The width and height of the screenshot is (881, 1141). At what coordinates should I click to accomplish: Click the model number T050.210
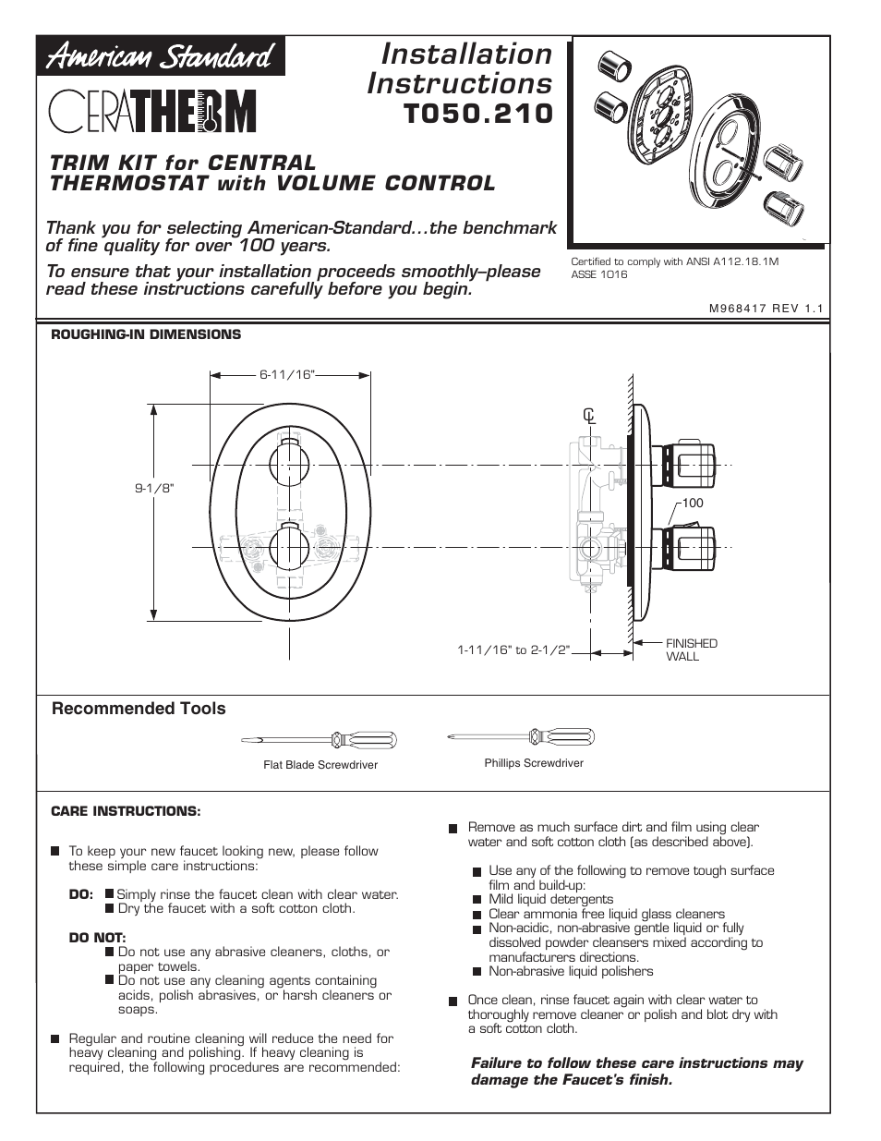[478, 115]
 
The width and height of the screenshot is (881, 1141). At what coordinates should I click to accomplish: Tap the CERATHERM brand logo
[152, 113]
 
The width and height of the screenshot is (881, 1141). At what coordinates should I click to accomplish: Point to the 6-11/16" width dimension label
[287, 374]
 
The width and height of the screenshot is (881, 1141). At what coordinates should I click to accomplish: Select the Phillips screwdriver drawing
[521, 736]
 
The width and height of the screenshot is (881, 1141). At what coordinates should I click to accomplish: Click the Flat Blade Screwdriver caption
[320, 765]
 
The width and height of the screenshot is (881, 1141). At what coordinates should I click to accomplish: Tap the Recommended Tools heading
[139, 709]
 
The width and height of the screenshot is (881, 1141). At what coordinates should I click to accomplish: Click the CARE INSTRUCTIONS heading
[126, 811]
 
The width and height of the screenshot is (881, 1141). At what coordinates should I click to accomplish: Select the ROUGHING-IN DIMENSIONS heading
[146, 334]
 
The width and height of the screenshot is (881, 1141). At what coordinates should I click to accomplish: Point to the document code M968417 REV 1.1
[765, 310]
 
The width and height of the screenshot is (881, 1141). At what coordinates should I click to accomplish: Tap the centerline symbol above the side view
[588, 416]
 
